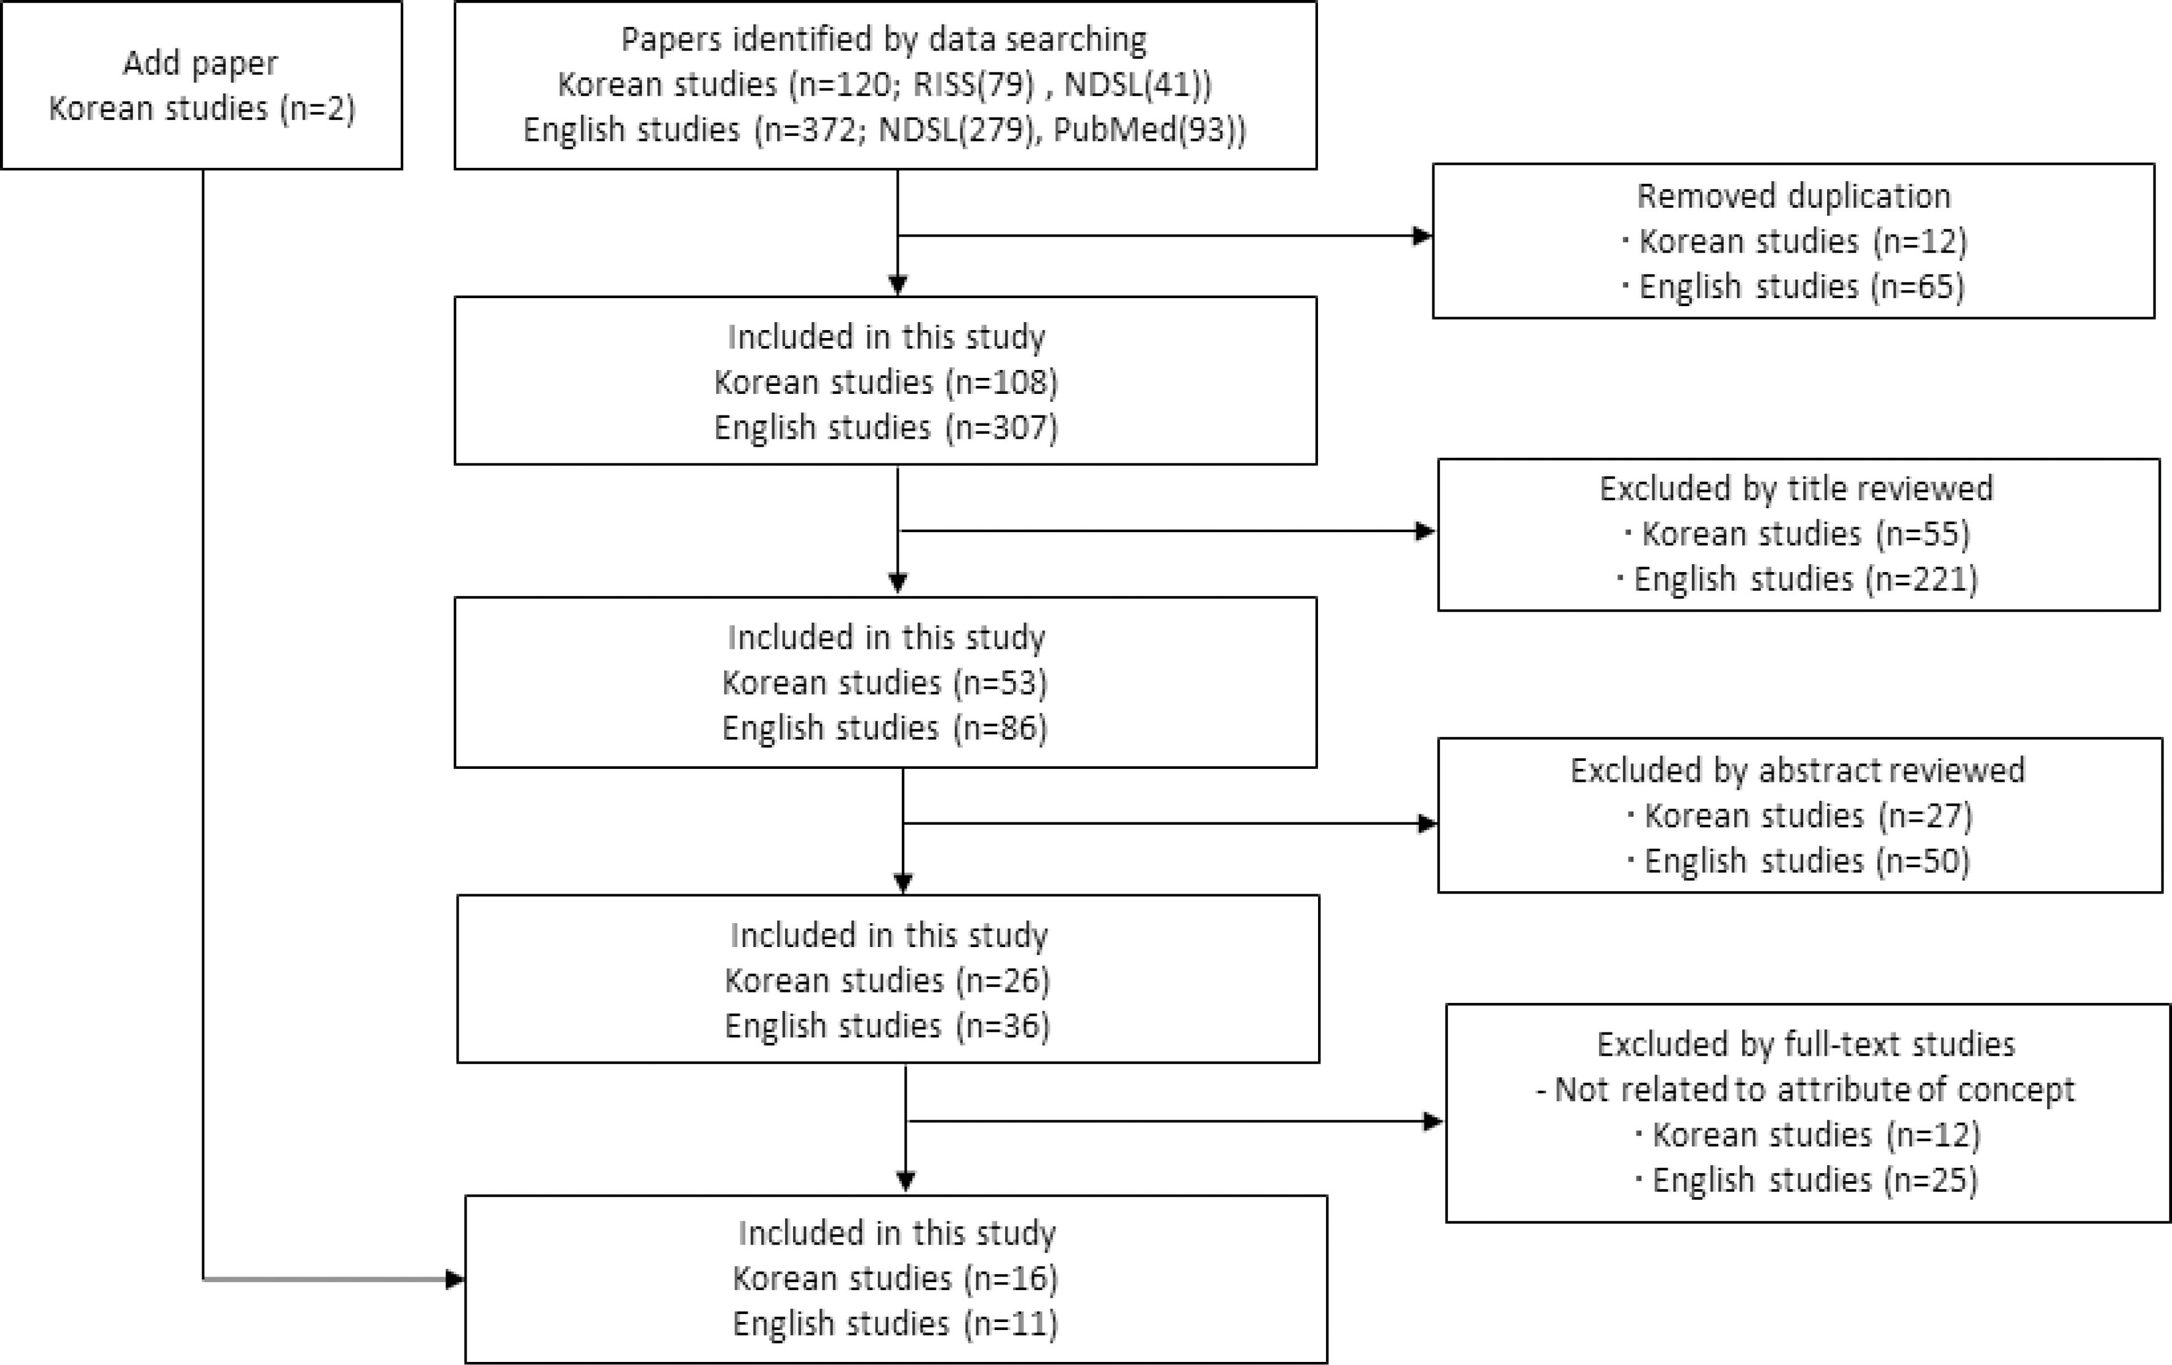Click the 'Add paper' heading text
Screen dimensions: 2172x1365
[x=200, y=64]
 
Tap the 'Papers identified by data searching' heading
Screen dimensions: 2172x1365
[x=884, y=40]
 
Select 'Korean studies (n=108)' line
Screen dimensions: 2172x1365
[x=886, y=382]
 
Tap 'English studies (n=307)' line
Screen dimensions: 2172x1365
[x=886, y=427]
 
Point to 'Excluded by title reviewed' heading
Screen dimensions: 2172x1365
[x=1796, y=489]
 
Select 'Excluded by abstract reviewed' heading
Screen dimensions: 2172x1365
[x=1798, y=771]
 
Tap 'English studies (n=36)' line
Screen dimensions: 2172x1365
[x=888, y=1026]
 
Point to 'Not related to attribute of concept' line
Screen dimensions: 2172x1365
[x=1806, y=1090]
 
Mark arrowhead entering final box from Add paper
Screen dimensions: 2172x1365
[x=456, y=1280]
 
